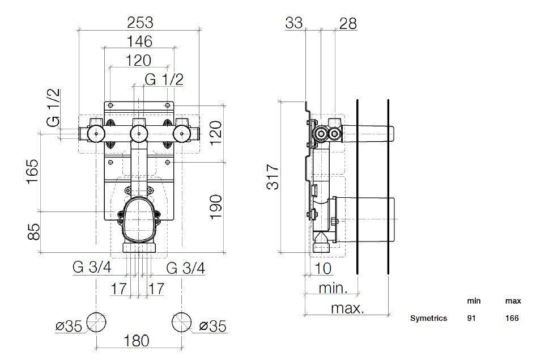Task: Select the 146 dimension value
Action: [139, 41]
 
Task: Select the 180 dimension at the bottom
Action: [136, 341]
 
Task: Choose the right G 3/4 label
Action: [186, 268]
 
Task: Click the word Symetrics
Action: [429, 319]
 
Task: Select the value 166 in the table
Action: [512, 319]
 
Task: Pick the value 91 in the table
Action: [471, 319]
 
